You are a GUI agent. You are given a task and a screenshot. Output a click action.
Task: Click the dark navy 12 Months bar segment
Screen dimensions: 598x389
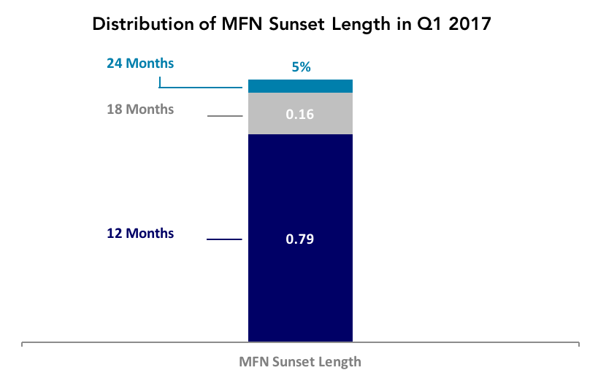point(300,238)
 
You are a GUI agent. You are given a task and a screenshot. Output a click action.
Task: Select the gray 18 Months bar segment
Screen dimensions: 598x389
point(300,113)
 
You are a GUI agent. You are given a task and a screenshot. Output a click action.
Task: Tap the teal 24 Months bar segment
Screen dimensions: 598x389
point(300,86)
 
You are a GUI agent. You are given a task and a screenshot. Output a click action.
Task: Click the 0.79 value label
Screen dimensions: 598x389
point(300,239)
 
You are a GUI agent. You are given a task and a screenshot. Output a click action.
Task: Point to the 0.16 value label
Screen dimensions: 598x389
point(300,114)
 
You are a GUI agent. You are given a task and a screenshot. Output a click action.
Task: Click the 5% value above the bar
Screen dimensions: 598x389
point(301,67)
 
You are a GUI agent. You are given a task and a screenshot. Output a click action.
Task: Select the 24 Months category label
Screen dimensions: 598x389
point(140,63)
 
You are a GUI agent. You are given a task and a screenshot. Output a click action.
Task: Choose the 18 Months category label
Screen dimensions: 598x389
point(140,109)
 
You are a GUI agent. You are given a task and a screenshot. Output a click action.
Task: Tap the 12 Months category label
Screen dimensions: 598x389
point(140,234)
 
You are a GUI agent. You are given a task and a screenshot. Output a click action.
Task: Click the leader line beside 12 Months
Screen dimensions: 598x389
point(224,239)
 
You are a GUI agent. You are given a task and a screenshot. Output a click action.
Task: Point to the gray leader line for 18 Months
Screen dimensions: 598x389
point(225,116)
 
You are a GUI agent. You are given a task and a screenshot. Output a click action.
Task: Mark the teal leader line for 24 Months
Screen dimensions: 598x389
point(201,88)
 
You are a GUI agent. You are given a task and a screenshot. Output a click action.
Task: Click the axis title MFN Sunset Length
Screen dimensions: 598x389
point(300,361)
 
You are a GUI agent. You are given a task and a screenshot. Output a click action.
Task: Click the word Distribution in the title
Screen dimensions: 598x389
point(143,24)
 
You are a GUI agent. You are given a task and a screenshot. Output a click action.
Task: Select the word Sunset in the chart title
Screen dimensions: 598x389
point(297,24)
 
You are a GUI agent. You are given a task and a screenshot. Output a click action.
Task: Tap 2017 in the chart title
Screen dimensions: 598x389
point(469,24)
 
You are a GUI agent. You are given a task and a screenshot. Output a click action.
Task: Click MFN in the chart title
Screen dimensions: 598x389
point(242,24)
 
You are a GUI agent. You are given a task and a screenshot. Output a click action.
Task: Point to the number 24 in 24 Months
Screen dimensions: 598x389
point(114,63)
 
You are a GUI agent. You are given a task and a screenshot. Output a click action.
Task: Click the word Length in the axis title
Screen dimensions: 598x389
point(340,362)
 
